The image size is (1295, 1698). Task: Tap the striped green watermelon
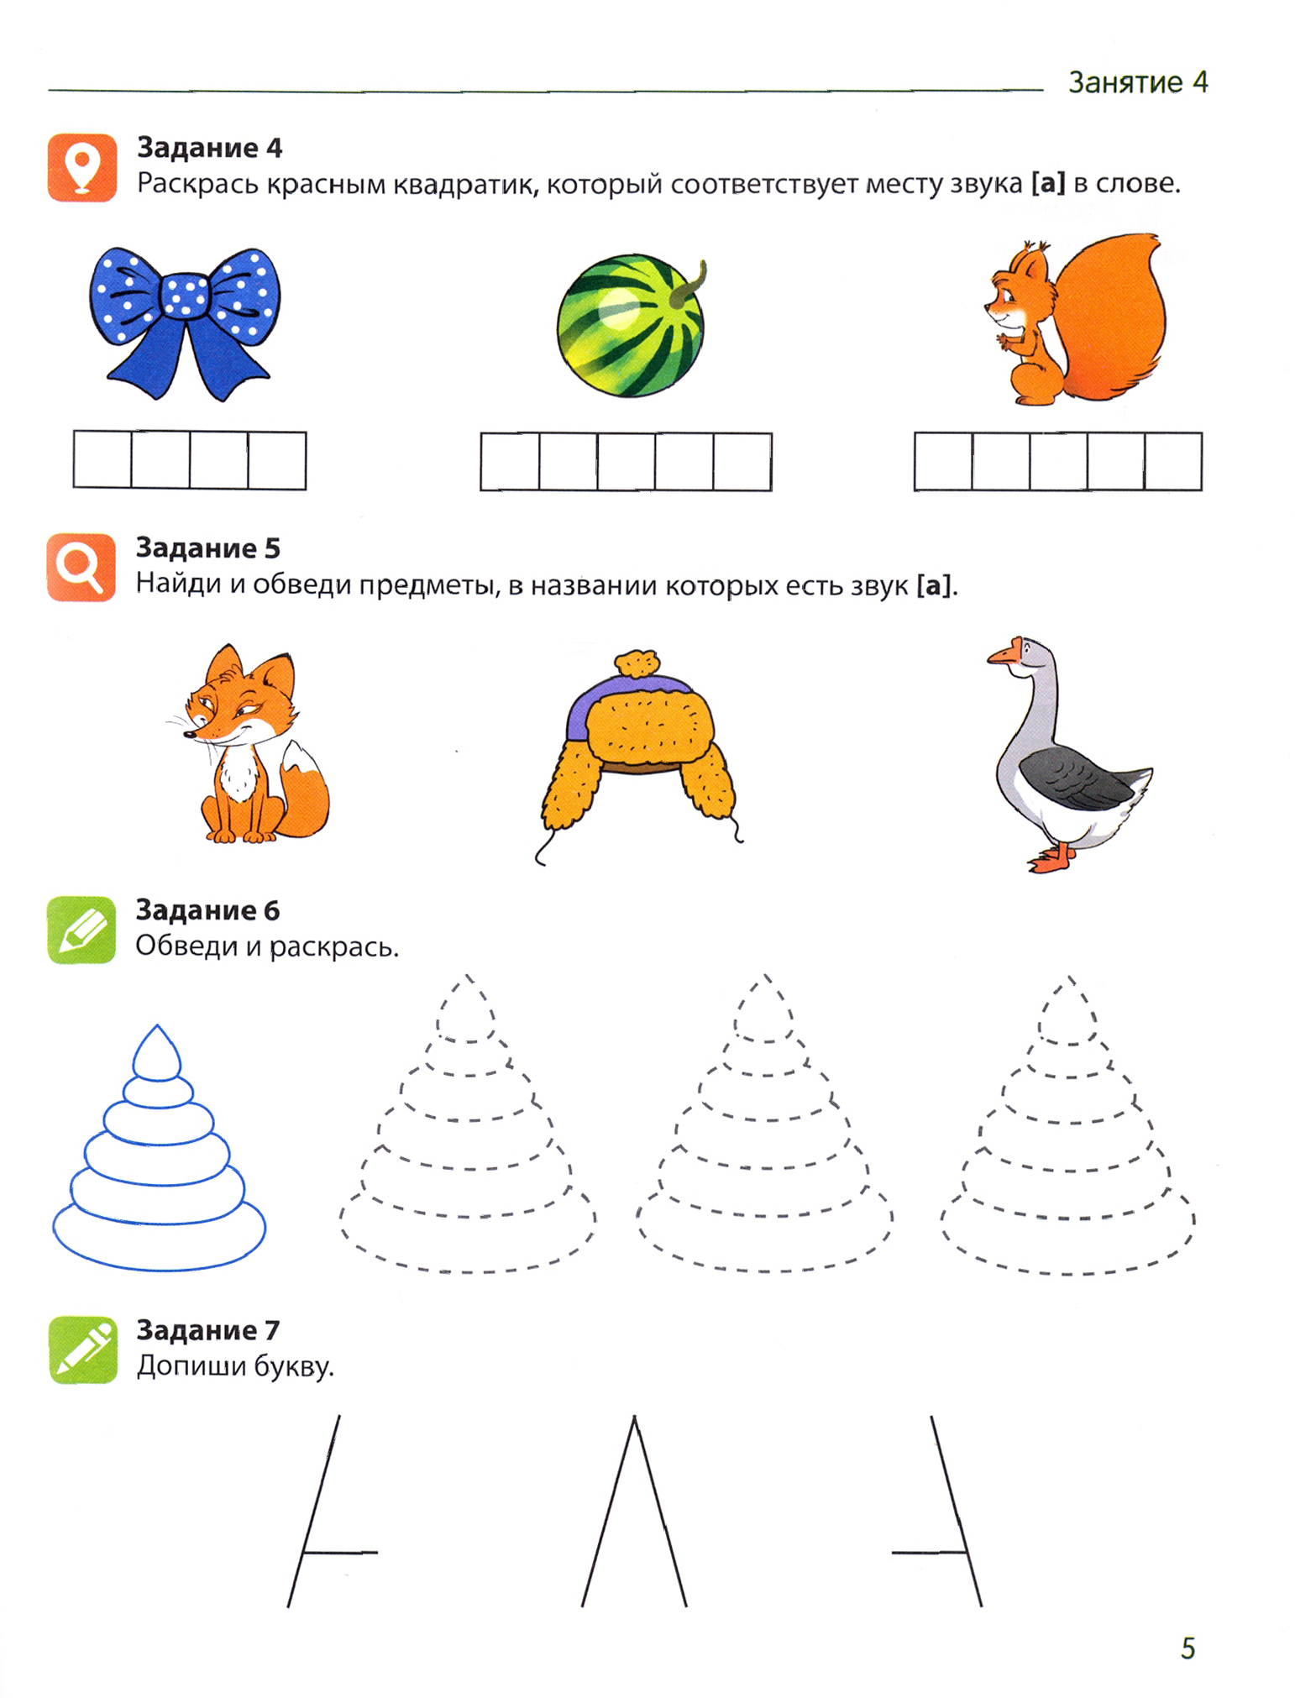631,326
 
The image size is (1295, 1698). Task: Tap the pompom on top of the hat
637,663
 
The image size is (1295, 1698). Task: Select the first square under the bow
102,460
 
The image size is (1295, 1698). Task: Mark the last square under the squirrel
1173,461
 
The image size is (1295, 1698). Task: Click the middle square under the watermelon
626,462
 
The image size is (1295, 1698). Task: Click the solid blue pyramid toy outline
159,1147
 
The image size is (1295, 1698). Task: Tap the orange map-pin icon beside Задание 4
81,167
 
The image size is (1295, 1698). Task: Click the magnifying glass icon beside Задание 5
81,568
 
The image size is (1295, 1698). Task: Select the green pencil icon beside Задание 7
82,1349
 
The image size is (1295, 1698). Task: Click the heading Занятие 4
1138,82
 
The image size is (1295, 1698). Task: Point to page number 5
1188,1648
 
